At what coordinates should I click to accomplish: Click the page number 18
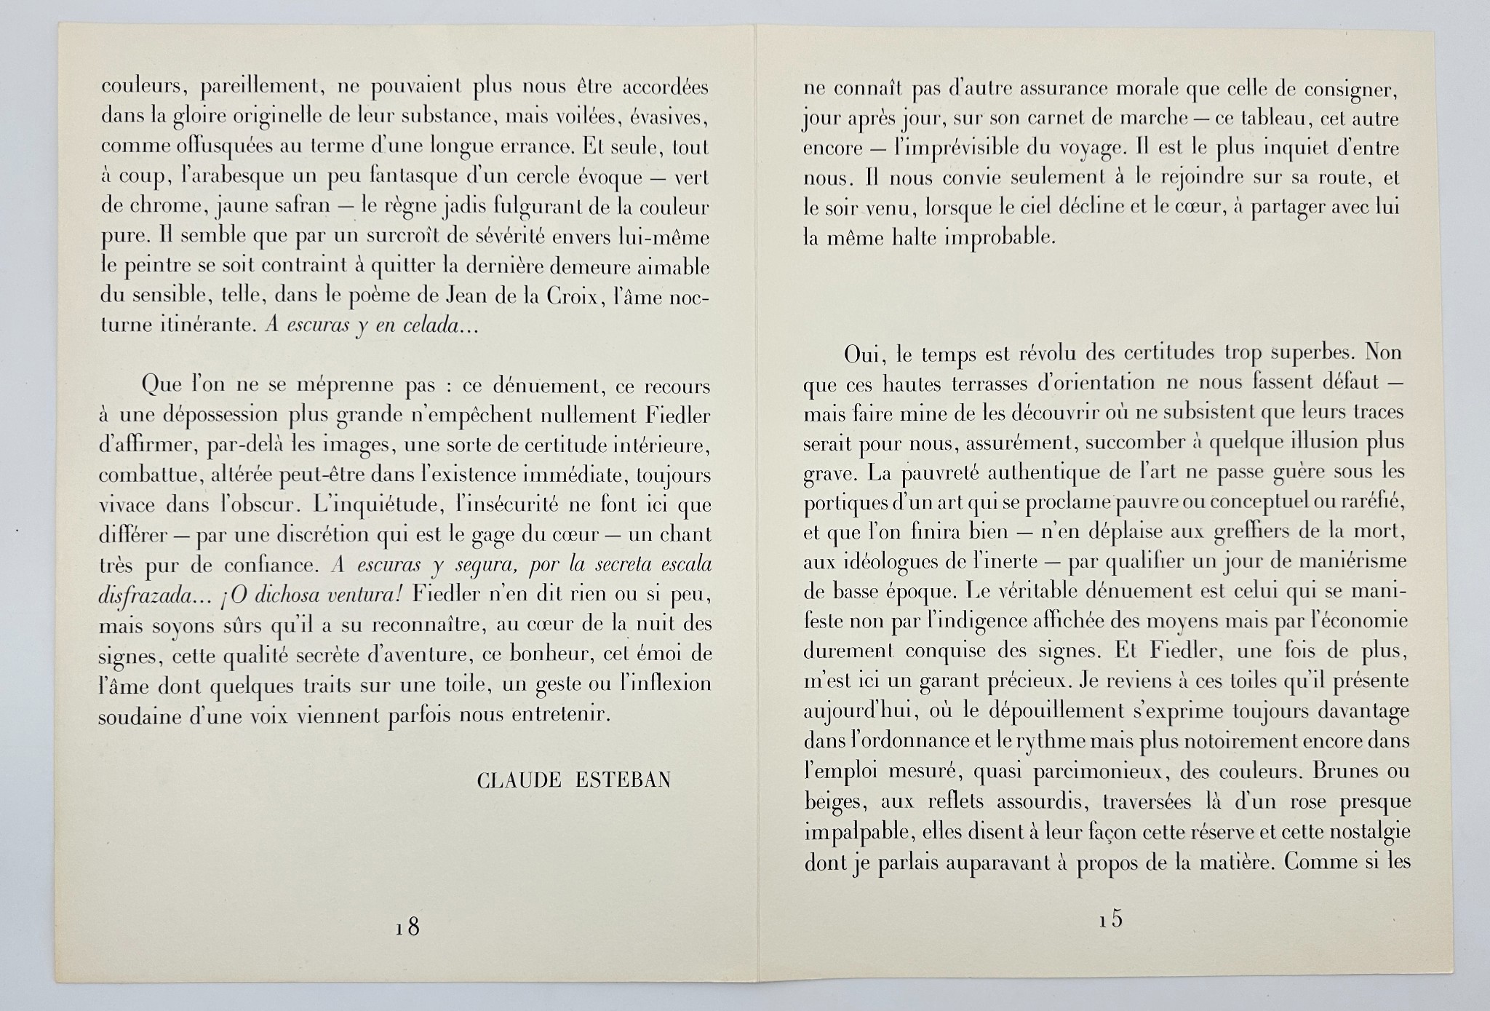[408, 927]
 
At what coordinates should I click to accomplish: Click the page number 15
[1111, 919]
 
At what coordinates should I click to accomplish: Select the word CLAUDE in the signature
[519, 780]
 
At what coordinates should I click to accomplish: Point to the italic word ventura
[360, 594]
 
